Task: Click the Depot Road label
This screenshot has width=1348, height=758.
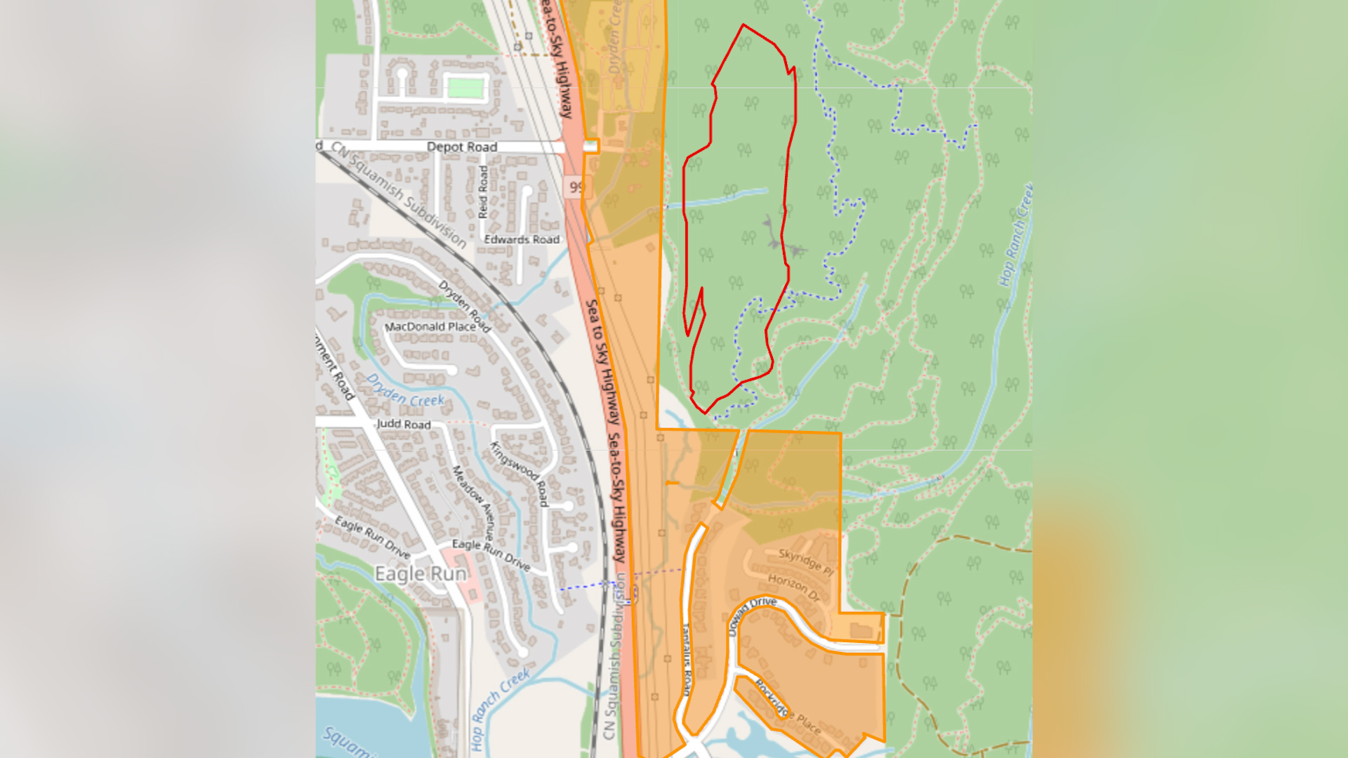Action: click(461, 147)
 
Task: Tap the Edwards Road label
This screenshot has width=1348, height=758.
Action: click(522, 239)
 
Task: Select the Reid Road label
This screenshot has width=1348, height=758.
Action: click(483, 192)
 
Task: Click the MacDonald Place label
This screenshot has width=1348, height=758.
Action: click(430, 327)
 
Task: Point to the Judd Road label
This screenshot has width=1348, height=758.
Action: click(404, 424)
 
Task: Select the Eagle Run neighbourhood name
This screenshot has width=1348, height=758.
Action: click(421, 573)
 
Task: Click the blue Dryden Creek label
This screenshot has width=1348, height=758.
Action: click(405, 391)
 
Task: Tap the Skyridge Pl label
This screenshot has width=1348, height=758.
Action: click(806, 561)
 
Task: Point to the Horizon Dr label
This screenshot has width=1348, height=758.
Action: click(794, 587)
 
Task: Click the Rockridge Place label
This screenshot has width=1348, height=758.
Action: click(787, 707)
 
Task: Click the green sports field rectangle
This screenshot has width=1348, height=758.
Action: click(465, 88)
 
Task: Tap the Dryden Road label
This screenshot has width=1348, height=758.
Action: click(463, 305)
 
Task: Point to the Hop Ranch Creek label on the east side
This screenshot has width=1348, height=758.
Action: click(1015, 235)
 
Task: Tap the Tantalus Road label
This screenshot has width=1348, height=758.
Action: click(687, 660)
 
